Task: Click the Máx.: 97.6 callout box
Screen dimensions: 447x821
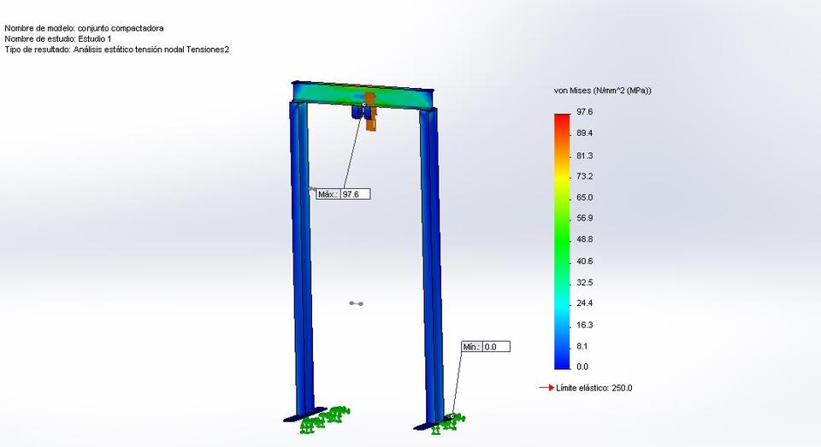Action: [x=343, y=195]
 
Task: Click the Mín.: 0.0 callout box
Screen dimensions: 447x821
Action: [x=485, y=347]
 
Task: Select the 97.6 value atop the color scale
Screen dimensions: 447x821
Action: [x=585, y=112]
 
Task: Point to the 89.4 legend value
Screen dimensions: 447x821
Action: [x=585, y=133]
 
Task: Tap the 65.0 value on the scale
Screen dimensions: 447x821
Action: [x=585, y=197]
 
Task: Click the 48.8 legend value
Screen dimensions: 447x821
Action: [x=585, y=239]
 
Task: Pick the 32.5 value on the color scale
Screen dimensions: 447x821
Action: [x=585, y=282]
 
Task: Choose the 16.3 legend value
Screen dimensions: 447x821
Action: [x=585, y=325]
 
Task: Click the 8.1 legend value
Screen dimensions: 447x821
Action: [x=582, y=346]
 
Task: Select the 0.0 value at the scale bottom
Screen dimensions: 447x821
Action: [x=582, y=367]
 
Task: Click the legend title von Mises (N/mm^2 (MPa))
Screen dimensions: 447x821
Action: [x=603, y=91]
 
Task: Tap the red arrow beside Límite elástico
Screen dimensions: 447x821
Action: [x=546, y=388]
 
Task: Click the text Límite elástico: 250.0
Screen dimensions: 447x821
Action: [x=594, y=388]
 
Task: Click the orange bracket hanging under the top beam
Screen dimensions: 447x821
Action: [x=371, y=115]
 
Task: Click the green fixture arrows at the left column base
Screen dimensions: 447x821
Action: [x=326, y=419]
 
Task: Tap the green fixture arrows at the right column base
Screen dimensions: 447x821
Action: [x=448, y=421]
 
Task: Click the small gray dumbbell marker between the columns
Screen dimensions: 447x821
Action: [x=357, y=303]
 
